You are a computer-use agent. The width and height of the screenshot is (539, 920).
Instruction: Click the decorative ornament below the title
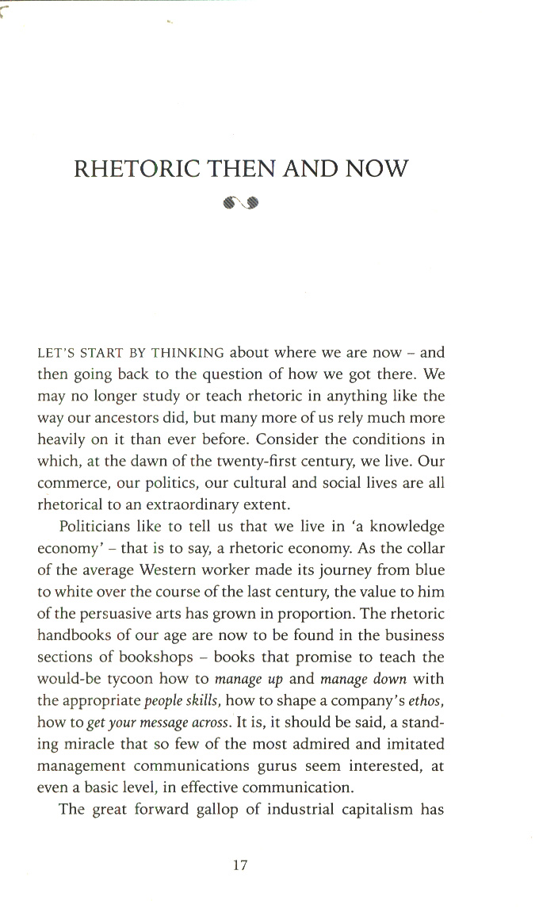[x=242, y=203]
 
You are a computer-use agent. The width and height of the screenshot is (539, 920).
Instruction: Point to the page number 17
[x=241, y=865]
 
